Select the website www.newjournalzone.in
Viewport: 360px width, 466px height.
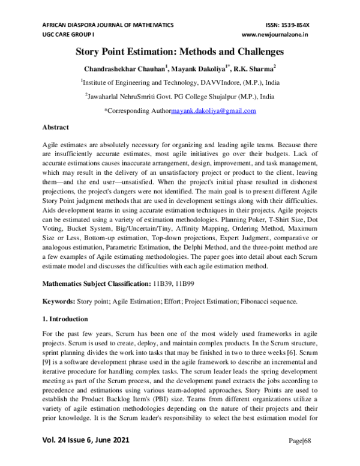[x=283, y=35]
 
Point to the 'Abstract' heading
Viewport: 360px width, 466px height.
[x=56, y=128]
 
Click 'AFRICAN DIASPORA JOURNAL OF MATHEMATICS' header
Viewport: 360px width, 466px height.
[x=107, y=25]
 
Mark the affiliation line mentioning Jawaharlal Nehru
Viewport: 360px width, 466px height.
[x=179, y=96]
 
